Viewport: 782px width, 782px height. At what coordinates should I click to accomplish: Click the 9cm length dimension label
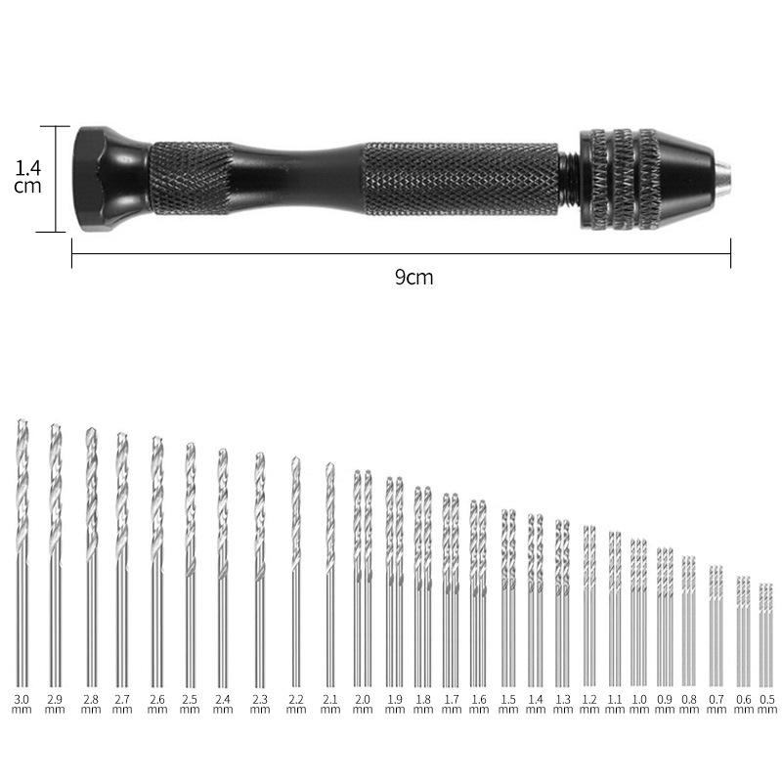pyautogui.click(x=413, y=277)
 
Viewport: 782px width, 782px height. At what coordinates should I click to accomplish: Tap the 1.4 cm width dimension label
pyautogui.click(x=27, y=177)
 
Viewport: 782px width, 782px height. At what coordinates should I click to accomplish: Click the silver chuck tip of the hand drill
pyautogui.click(x=723, y=179)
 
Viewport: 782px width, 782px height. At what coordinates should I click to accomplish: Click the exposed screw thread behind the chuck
pyautogui.click(x=569, y=179)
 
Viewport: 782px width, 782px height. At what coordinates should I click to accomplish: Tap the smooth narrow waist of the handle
pyautogui.click(x=298, y=179)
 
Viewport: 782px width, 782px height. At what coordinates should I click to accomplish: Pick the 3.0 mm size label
pyautogui.click(x=22, y=704)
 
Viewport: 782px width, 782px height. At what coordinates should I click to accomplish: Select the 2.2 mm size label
pyautogui.click(x=296, y=704)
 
